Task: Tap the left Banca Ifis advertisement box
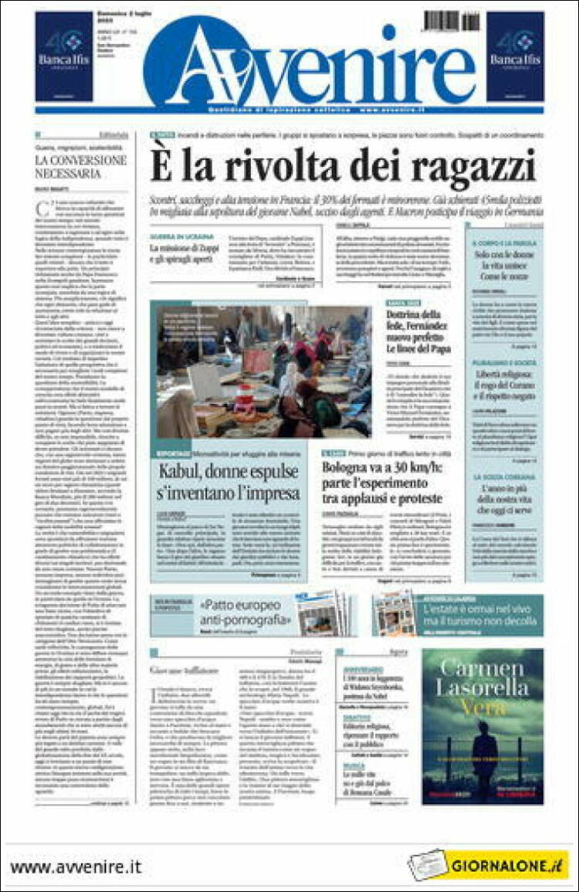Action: [64, 56]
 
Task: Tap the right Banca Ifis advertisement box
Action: [515, 56]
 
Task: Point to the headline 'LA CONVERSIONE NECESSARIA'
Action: [80, 167]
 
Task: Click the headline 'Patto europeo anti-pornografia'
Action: [245, 612]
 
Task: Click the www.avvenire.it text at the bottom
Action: [76, 867]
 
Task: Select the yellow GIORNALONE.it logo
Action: [510, 865]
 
